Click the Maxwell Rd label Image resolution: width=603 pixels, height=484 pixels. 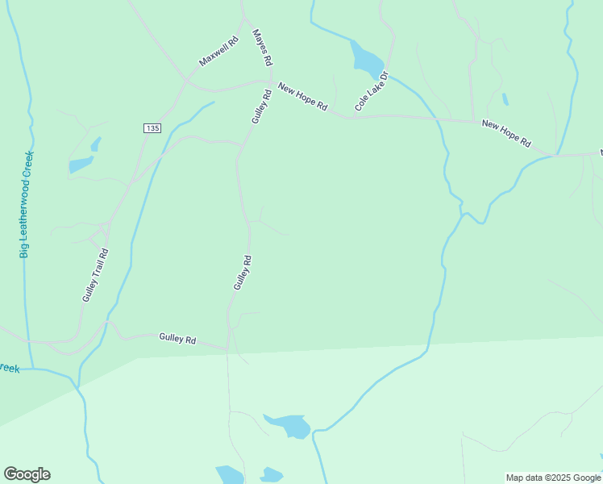tap(219, 51)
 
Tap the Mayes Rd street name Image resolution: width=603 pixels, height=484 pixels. tap(263, 48)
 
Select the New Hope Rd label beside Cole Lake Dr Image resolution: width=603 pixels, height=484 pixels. tap(302, 96)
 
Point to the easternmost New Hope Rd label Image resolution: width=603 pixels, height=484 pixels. tap(506, 133)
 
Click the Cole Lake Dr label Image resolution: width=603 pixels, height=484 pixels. tap(372, 91)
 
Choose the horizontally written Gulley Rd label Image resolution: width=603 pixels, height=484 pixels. tap(177, 339)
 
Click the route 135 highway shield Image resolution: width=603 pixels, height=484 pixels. tap(152, 128)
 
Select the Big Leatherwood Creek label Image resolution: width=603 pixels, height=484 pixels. tap(27, 204)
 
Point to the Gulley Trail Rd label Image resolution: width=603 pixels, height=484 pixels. tap(95, 275)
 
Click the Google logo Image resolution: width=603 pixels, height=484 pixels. tap(27, 474)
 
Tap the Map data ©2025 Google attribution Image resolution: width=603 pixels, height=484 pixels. tap(553, 478)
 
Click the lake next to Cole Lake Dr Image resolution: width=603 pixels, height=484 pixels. tap(367, 58)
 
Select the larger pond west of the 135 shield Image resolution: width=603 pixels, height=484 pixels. tap(81, 165)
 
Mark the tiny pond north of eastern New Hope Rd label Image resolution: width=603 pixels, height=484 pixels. tap(505, 99)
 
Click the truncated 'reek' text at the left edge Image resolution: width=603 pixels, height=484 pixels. tap(8, 368)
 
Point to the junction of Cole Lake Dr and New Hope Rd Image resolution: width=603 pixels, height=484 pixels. tap(352, 118)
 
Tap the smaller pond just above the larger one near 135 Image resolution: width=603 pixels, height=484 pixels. tap(96, 144)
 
